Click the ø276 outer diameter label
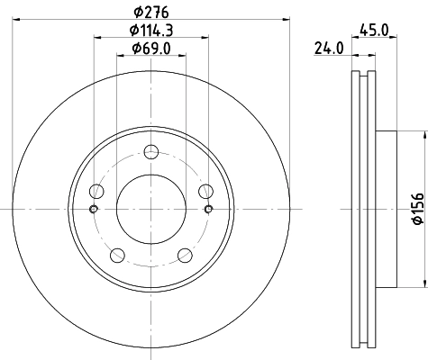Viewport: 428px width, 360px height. point(150,12)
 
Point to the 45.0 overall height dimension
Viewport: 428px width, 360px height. point(373,30)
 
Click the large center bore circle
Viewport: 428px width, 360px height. point(150,208)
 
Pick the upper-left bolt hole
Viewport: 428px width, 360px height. point(96,190)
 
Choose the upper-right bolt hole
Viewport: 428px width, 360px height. point(205,190)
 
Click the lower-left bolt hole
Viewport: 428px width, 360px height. point(117,254)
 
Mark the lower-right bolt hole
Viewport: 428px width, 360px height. point(185,254)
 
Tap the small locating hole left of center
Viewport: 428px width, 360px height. point(93,210)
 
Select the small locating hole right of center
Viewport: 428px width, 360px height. point(209,210)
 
